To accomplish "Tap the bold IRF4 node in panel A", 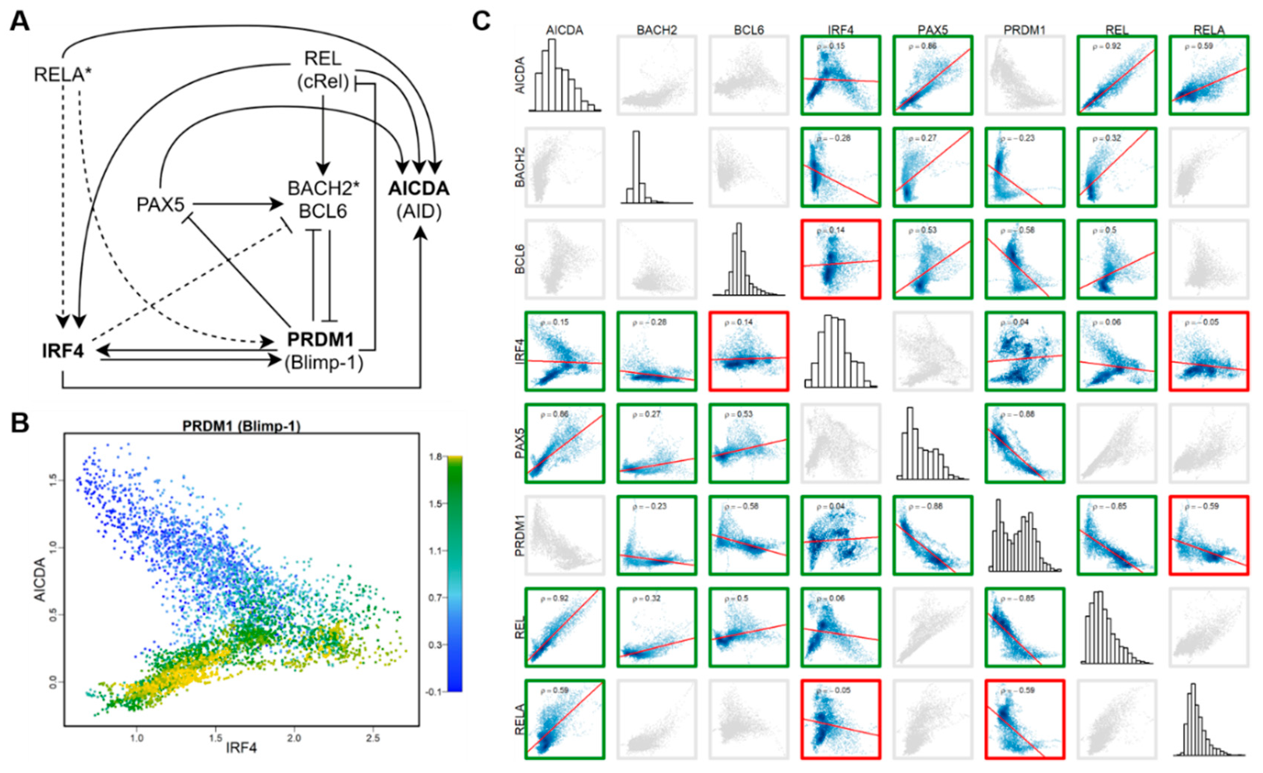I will click(63, 352).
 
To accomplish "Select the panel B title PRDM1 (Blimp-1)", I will click(241, 426).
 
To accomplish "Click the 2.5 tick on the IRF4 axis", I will click(373, 738).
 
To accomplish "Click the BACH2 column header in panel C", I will click(656, 30).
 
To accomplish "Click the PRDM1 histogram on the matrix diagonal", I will click(1024, 536).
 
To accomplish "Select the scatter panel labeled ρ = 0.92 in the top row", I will click(1117, 75).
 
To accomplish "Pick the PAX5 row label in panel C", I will click(520, 444).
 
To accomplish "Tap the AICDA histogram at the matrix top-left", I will click(564, 75).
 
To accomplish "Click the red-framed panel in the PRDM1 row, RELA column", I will click(1209, 536).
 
